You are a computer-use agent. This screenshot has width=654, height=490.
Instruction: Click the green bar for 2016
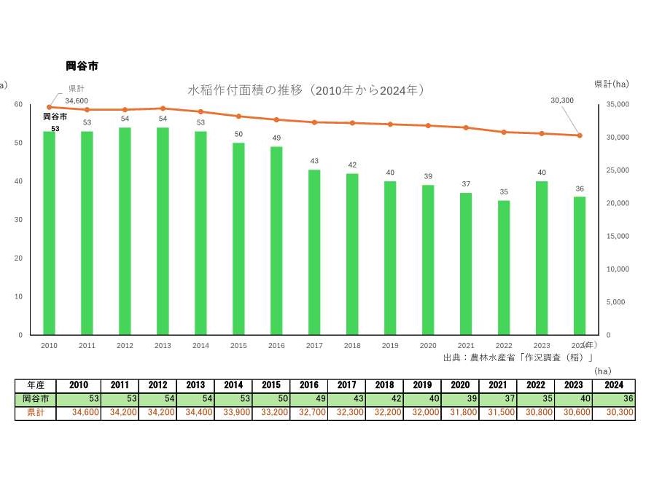[276, 240]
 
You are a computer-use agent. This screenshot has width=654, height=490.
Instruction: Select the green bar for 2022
[504, 267]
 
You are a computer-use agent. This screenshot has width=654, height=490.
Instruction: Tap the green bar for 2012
[125, 231]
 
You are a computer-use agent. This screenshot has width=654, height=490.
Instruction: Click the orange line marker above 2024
[580, 135]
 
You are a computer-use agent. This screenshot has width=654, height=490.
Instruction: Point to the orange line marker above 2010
[49, 107]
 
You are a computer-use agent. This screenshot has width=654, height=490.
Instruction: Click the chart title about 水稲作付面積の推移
[306, 90]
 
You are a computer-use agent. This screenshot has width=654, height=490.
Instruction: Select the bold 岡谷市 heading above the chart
[82, 66]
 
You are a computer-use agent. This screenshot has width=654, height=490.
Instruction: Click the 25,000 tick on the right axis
[619, 170]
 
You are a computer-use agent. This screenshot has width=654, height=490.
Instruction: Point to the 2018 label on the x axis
[352, 346]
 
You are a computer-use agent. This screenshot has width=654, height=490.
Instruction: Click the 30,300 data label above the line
[562, 100]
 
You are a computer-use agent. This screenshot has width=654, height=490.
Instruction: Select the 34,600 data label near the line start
[77, 100]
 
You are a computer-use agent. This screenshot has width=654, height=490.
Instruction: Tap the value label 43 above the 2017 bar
[314, 161]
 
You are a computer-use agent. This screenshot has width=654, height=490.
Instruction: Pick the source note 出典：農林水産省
[518, 357]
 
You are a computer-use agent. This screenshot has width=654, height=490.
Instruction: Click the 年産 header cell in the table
[35, 385]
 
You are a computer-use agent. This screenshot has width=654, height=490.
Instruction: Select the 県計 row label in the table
[35, 413]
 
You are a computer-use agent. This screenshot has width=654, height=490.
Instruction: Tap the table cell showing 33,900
[233, 413]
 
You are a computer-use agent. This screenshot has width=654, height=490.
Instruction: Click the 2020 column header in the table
[460, 385]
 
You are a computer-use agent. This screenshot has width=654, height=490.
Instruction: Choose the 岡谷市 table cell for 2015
[270, 399]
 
